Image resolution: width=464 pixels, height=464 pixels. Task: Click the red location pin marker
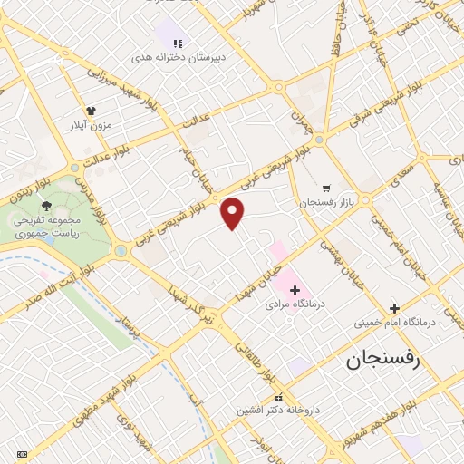tap(233, 213)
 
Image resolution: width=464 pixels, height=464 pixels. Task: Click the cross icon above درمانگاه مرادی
tap(294, 289)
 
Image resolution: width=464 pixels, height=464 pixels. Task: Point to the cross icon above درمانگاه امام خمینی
tap(394, 307)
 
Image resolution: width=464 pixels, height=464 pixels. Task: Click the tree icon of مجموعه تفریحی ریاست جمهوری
tap(46, 205)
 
